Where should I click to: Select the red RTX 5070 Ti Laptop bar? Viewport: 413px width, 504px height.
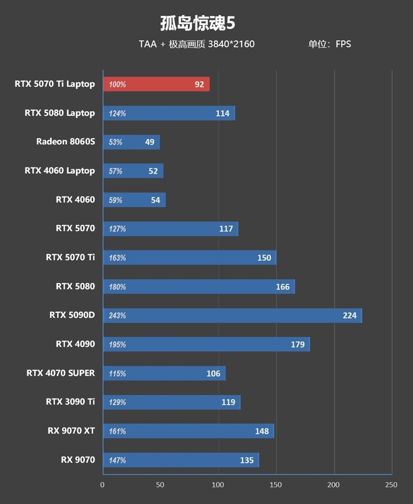pyautogui.click(x=156, y=84)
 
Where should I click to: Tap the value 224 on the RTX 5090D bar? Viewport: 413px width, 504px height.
pyautogui.click(x=350, y=315)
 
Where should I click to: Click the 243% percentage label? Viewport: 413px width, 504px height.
pyautogui.click(x=117, y=316)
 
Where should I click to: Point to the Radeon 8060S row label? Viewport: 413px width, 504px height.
pyautogui.click(x=66, y=142)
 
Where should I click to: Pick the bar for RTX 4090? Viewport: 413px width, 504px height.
pyautogui.click(x=206, y=344)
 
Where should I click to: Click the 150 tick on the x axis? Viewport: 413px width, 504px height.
pyautogui.click(x=276, y=485)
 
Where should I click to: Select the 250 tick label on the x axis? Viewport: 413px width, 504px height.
pyautogui.click(x=391, y=485)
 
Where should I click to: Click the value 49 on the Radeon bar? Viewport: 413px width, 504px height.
pyautogui.click(x=150, y=142)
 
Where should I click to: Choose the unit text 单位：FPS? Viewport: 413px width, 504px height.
pyautogui.click(x=329, y=44)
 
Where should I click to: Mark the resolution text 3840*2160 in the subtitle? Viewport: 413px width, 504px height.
pyautogui.click(x=231, y=44)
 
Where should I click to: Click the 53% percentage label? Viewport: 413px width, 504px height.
pyautogui.click(x=116, y=142)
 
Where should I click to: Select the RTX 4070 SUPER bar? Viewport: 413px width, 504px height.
pyautogui.click(x=164, y=373)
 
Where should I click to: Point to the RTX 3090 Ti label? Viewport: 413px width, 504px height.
pyautogui.click(x=70, y=402)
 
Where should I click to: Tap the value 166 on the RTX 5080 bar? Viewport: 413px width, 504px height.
pyautogui.click(x=282, y=287)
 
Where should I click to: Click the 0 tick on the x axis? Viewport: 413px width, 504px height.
pyautogui.click(x=102, y=485)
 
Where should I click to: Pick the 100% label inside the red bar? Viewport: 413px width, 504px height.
pyautogui.click(x=117, y=85)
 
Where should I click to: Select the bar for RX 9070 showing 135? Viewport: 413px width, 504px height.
pyautogui.click(x=181, y=460)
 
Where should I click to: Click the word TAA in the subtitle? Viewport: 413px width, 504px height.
pyautogui.click(x=148, y=44)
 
